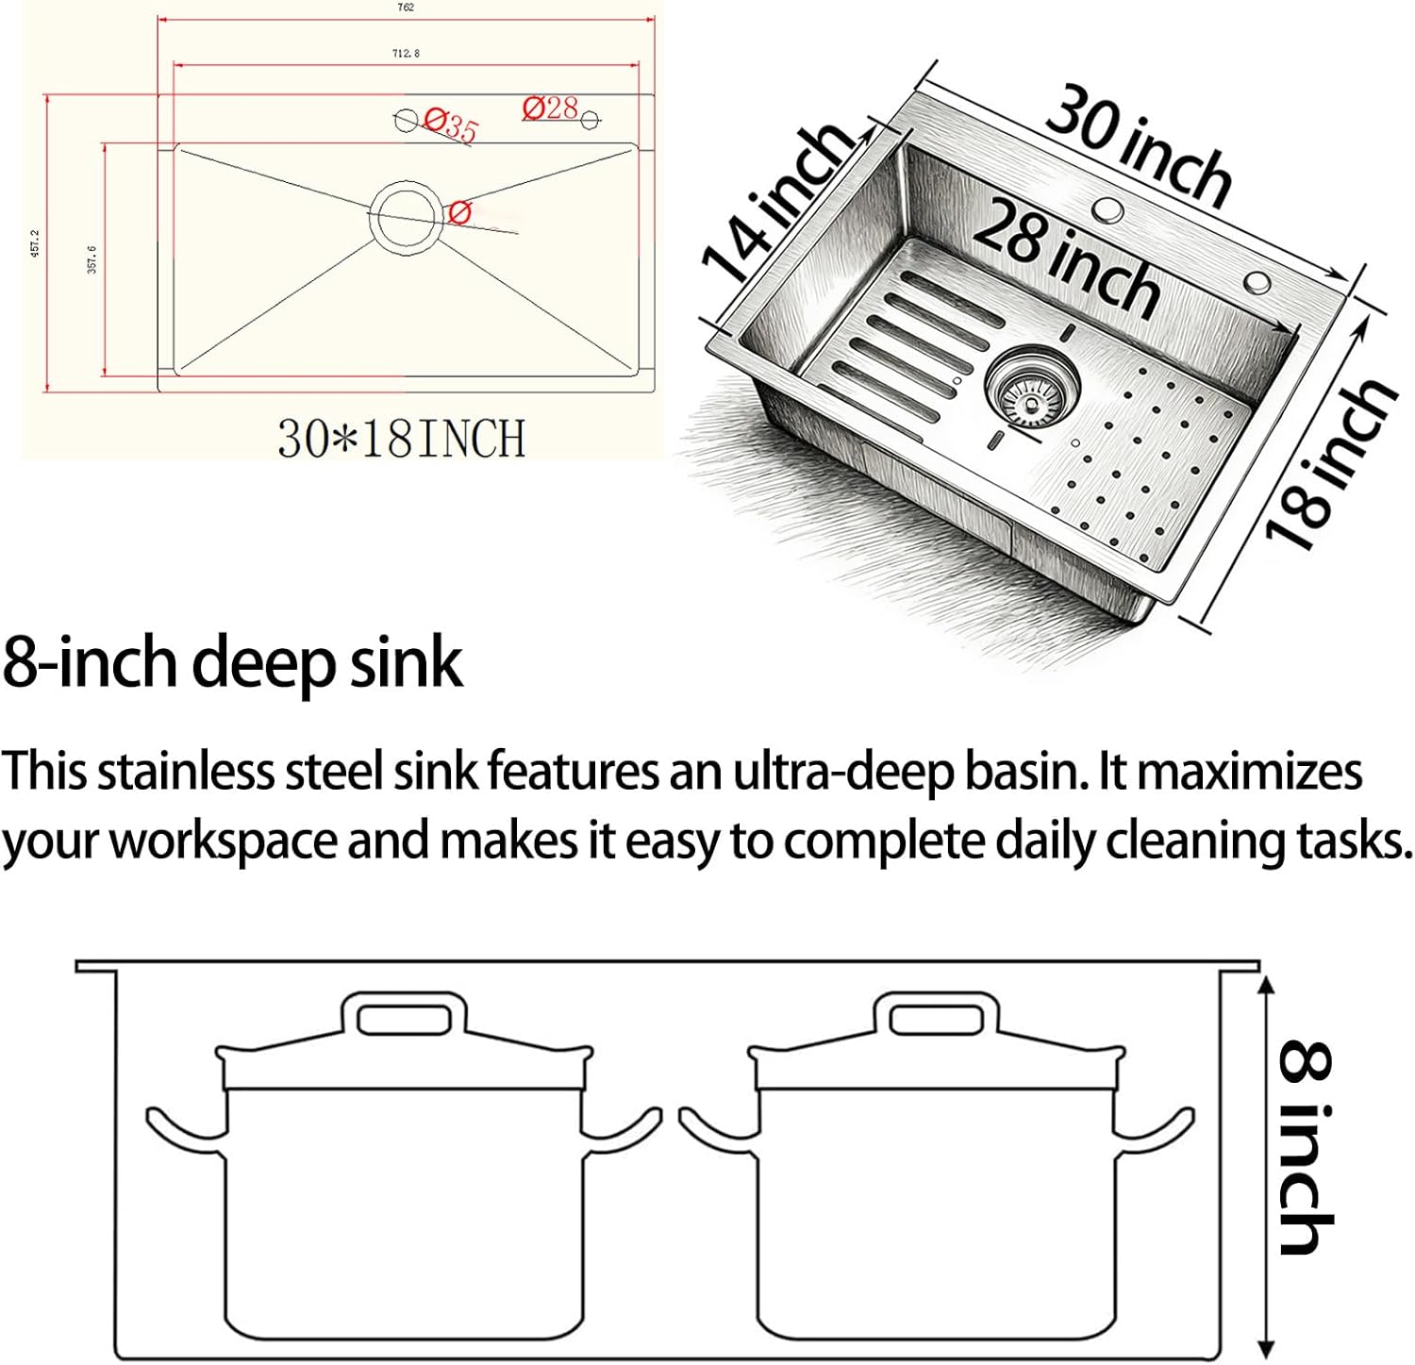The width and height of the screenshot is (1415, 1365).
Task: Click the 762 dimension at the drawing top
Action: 406,8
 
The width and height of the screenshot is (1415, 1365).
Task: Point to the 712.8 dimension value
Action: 406,54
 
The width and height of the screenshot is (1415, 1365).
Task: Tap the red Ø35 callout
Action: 450,124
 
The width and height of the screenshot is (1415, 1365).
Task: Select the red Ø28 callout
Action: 550,108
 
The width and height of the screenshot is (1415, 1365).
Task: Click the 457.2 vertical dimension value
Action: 36,243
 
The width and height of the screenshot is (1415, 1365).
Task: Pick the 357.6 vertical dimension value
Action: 92,259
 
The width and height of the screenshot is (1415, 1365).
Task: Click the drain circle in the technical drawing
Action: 405,215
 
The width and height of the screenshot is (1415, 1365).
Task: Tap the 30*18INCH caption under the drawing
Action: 401,440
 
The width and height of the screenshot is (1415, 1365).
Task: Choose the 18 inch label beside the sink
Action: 1329,462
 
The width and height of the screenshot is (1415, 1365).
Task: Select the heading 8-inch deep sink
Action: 232,663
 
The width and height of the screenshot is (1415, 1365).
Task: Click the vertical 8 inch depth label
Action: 1307,1147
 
